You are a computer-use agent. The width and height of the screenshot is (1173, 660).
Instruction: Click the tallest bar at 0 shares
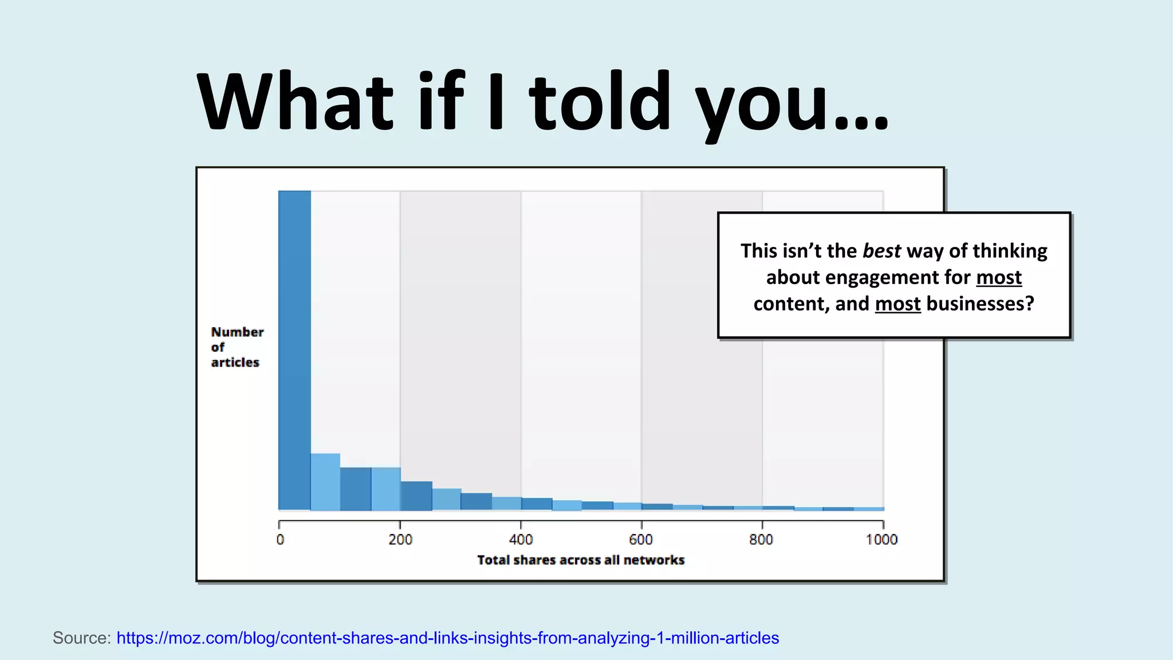click(x=294, y=349)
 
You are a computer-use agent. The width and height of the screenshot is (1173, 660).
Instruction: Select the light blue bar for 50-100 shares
click(x=325, y=482)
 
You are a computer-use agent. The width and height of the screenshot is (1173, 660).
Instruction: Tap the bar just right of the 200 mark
click(x=416, y=496)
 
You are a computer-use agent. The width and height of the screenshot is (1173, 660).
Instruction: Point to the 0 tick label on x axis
click(x=280, y=540)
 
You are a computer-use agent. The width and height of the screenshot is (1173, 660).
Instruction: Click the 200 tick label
click(x=400, y=540)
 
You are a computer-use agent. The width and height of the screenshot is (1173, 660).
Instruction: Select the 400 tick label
click(x=521, y=540)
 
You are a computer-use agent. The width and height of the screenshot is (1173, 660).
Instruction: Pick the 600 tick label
click(x=641, y=540)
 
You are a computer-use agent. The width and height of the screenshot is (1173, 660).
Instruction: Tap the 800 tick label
click(x=761, y=540)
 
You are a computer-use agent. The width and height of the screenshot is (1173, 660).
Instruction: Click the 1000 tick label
click(x=881, y=540)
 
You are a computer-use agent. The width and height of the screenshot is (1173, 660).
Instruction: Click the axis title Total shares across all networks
click(x=581, y=560)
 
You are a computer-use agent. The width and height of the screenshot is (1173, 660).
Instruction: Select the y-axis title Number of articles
click(x=237, y=347)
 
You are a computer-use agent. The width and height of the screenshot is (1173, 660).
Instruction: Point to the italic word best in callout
click(x=881, y=251)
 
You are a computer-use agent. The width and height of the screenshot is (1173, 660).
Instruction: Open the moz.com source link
click(x=447, y=638)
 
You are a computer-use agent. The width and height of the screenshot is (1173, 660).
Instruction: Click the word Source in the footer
click(x=81, y=638)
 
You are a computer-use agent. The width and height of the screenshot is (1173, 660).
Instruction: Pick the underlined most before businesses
click(x=898, y=304)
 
